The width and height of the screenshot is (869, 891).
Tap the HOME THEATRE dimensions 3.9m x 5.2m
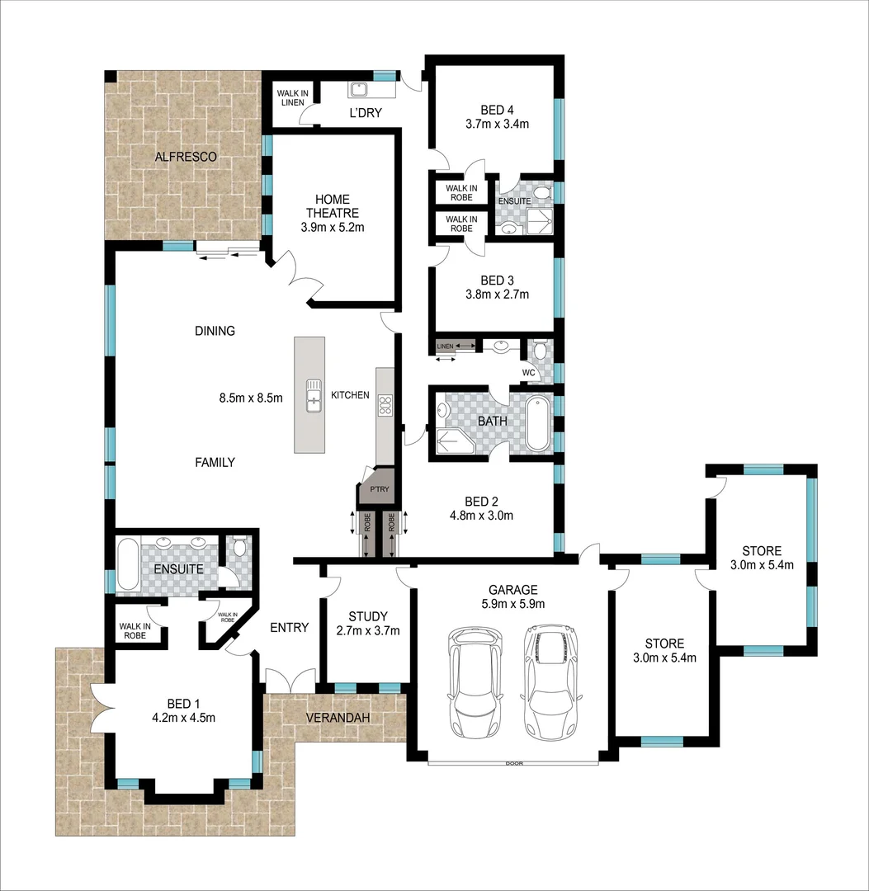click(x=333, y=227)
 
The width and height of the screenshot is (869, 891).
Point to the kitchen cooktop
click(x=385, y=404)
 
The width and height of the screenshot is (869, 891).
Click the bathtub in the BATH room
click(x=537, y=424)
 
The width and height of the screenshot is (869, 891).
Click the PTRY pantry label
click(x=380, y=489)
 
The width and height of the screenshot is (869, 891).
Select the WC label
click(x=529, y=372)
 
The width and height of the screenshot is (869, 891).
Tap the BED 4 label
click(x=497, y=109)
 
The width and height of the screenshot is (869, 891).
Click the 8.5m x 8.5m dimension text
click(x=251, y=398)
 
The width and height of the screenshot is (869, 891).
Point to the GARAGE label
click(x=512, y=589)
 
